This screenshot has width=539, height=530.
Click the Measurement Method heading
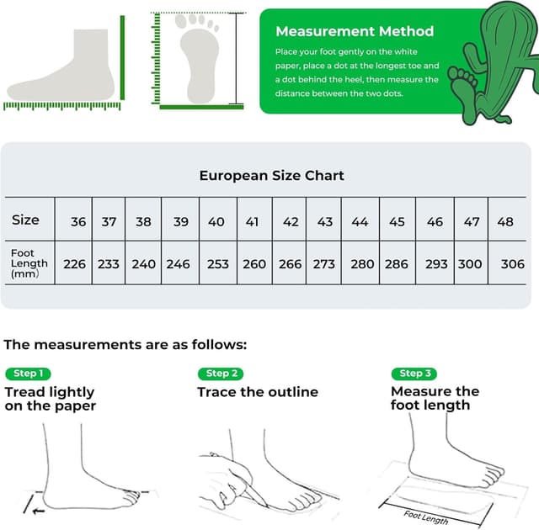pyautogui.click(x=355, y=31)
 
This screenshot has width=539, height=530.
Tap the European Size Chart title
pyautogui.click(x=271, y=176)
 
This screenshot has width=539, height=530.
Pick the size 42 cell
pyautogui.click(x=291, y=222)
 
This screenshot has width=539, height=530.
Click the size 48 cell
pyautogui.click(x=505, y=222)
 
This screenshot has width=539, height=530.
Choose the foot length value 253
pyautogui.click(x=218, y=264)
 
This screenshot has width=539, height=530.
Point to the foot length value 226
pyautogui.click(x=75, y=264)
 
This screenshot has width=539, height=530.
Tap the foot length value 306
pyautogui.click(x=512, y=264)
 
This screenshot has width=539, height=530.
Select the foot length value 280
pyautogui.click(x=362, y=264)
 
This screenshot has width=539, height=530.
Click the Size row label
pyautogui.click(x=25, y=220)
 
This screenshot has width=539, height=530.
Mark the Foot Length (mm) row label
pyautogui.click(x=29, y=263)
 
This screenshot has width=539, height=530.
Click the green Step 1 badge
pyautogui.click(x=28, y=374)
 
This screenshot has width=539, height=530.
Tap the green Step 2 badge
pyautogui.click(x=221, y=374)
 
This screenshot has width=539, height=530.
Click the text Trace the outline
pyautogui.click(x=258, y=392)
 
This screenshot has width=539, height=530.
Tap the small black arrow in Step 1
pyautogui.click(x=35, y=510)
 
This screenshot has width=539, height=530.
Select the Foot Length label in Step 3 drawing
pyautogui.click(x=424, y=517)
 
